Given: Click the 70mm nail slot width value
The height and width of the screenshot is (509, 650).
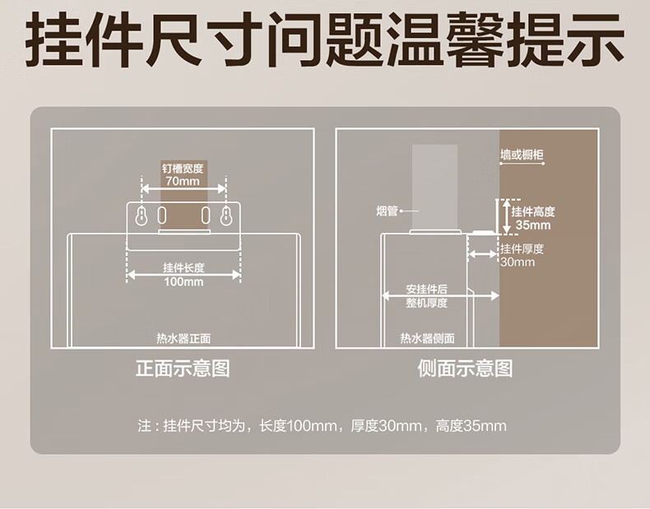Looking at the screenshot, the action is tap(183, 181).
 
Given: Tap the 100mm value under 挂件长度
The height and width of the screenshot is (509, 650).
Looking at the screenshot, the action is tap(183, 282).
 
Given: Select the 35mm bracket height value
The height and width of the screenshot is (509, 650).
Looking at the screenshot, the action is tap(533, 225).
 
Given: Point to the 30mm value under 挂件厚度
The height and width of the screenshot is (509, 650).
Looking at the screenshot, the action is tap(518, 262).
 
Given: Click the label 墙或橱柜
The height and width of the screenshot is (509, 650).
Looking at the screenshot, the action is tap(522, 155).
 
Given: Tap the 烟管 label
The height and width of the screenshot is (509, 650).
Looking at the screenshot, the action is tap(387, 211).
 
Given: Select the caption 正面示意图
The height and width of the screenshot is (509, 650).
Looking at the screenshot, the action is tap(183, 368).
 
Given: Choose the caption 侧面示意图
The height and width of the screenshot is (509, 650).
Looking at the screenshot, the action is tap(465, 368).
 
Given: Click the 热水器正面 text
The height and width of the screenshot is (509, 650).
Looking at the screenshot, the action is tap(183, 339).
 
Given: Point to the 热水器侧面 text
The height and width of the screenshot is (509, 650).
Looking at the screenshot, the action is tap(427, 339).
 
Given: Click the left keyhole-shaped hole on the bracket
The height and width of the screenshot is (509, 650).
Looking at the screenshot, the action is tap(142, 215).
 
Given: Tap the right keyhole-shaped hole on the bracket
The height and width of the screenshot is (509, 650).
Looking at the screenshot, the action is tap(226, 215).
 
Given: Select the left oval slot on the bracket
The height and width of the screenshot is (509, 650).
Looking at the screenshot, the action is tap(161, 215).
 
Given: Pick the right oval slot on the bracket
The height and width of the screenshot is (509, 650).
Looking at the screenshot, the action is tap(205, 215).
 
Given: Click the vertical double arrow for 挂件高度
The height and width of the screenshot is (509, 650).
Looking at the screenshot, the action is tap(506, 216).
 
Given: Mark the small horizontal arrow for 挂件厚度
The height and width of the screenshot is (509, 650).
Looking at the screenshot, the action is tap(482, 254).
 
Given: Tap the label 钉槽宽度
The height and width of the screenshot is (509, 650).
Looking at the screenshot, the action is tap(183, 169).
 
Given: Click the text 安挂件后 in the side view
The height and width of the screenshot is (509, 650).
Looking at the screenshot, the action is tap(426, 289).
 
